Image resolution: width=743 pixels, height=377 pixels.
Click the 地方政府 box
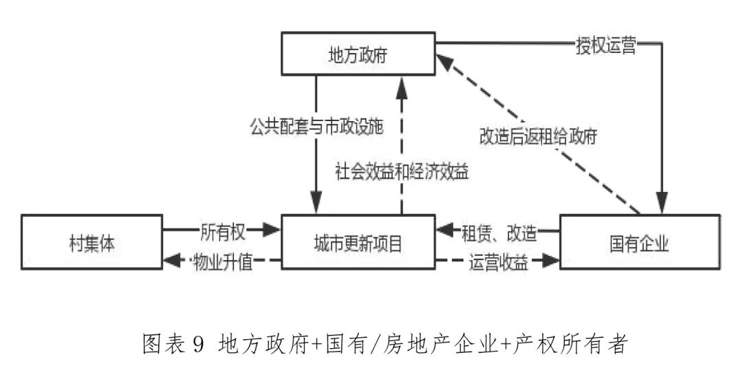[x=357, y=54]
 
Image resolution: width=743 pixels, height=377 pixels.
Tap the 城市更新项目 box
[x=357, y=244]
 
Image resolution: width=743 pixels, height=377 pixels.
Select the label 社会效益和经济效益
[x=402, y=170]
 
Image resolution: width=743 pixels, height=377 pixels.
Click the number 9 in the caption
[x=198, y=343]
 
